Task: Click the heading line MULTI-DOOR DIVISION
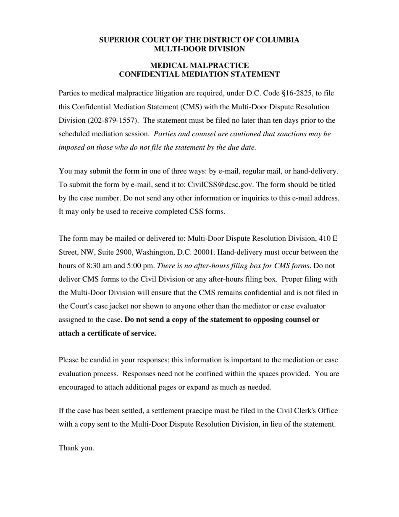(199, 49)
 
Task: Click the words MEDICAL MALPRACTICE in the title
(199, 66)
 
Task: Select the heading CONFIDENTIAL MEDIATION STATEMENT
(199, 74)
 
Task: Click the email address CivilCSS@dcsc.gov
(220, 185)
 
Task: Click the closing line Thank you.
(76, 448)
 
